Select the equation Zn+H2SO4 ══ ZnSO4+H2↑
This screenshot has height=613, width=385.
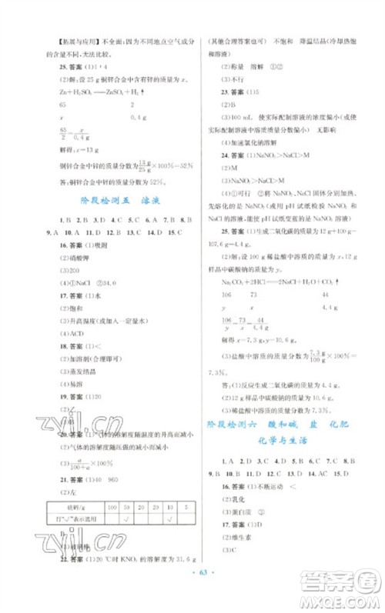click(92, 90)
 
